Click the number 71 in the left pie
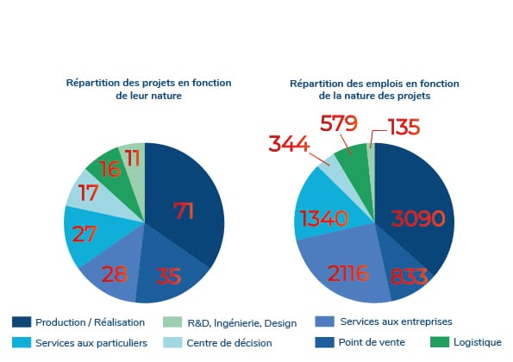184,210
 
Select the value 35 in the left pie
168,276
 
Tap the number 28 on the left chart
115,274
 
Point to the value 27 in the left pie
84,234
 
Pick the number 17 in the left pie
88,192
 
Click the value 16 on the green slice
110,169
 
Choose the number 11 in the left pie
133,159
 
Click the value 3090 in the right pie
418,218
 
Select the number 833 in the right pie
409,277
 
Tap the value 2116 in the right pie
348,273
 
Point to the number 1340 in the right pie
324,218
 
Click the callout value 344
289,144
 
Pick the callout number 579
339,123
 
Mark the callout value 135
404,127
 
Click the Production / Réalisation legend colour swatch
22,321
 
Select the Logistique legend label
478,342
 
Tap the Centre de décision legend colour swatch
172,342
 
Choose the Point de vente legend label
372,342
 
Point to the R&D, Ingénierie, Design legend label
242,323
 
